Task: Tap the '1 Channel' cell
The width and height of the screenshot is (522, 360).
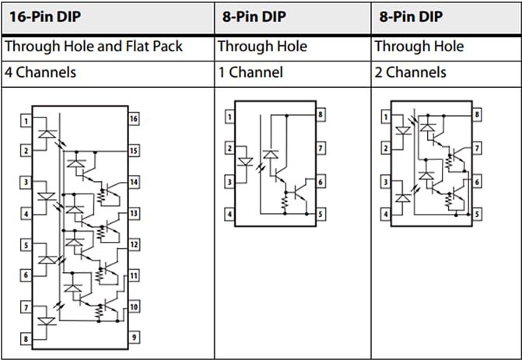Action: [249, 72]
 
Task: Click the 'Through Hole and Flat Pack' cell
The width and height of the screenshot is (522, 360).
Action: [93, 46]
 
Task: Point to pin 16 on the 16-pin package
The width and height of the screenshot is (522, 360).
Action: [134, 120]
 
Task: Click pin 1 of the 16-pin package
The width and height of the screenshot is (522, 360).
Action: [26, 121]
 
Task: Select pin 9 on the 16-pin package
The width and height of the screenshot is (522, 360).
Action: [134, 337]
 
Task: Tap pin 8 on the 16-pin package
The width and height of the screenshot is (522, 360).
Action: [26, 338]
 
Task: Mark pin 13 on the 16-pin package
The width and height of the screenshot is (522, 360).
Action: [134, 213]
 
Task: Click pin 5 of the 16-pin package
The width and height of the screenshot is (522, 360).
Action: [26, 246]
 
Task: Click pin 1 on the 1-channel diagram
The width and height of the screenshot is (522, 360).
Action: [229, 117]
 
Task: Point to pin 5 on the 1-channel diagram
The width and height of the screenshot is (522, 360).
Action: [320, 213]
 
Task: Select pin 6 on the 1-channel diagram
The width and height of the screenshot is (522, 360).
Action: [320, 180]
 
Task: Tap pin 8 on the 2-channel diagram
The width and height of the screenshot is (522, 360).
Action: [476, 115]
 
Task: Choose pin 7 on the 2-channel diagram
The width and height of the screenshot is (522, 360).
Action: [476, 147]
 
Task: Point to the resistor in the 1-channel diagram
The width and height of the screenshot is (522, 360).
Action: [285, 202]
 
